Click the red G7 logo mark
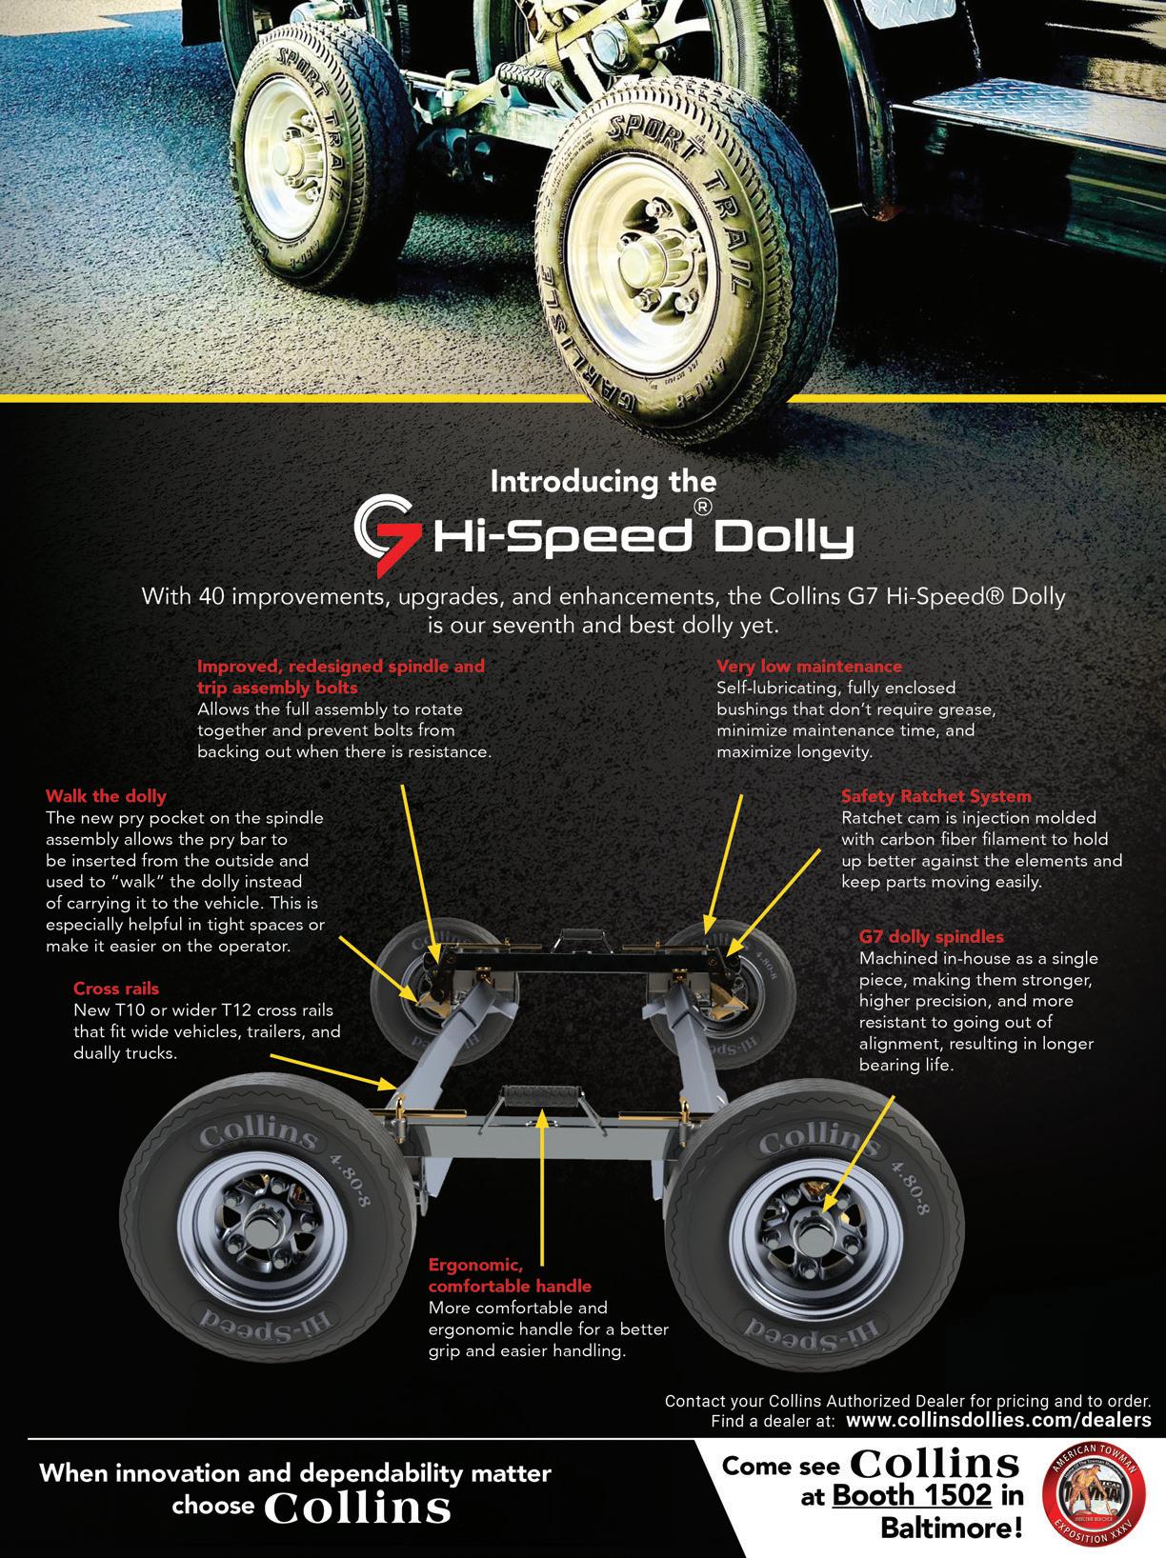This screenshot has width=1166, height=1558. click(x=387, y=533)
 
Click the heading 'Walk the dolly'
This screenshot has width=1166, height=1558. click(x=106, y=796)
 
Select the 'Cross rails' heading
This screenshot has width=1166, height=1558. click(x=116, y=989)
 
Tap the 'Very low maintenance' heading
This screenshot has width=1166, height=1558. click(x=809, y=666)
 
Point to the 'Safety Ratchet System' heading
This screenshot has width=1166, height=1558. click(x=935, y=796)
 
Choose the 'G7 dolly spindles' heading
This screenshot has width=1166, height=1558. click(x=931, y=937)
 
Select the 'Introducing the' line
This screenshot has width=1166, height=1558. click(x=602, y=481)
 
